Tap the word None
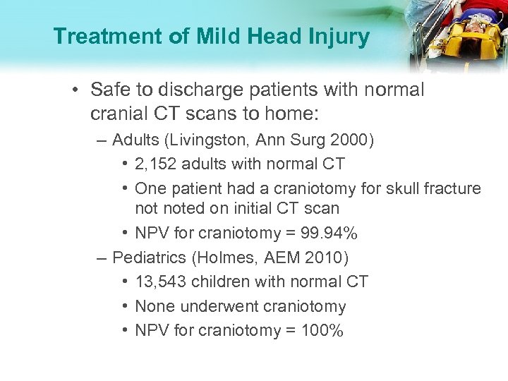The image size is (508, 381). click(x=155, y=306)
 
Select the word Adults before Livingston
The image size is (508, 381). click(x=136, y=140)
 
